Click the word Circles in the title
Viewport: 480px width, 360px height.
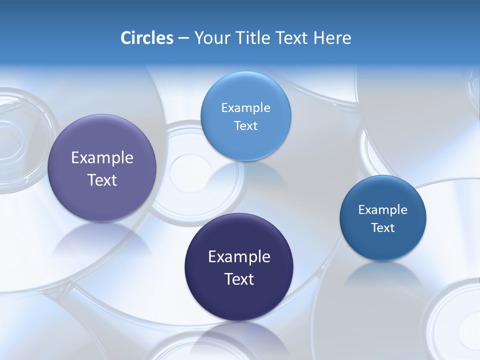click(146, 38)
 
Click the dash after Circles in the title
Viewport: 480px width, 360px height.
click(183, 38)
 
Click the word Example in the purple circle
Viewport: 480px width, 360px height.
click(102, 158)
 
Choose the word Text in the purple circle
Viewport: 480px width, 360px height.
click(102, 180)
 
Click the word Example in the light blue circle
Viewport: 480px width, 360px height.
click(245, 107)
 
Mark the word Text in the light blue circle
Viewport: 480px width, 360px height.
click(245, 125)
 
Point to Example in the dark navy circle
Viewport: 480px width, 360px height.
click(239, 257)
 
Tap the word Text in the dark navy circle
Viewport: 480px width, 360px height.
click(239, 279)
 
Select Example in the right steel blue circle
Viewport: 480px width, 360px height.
click(383, 209)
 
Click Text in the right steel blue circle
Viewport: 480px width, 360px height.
click(383, 227)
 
